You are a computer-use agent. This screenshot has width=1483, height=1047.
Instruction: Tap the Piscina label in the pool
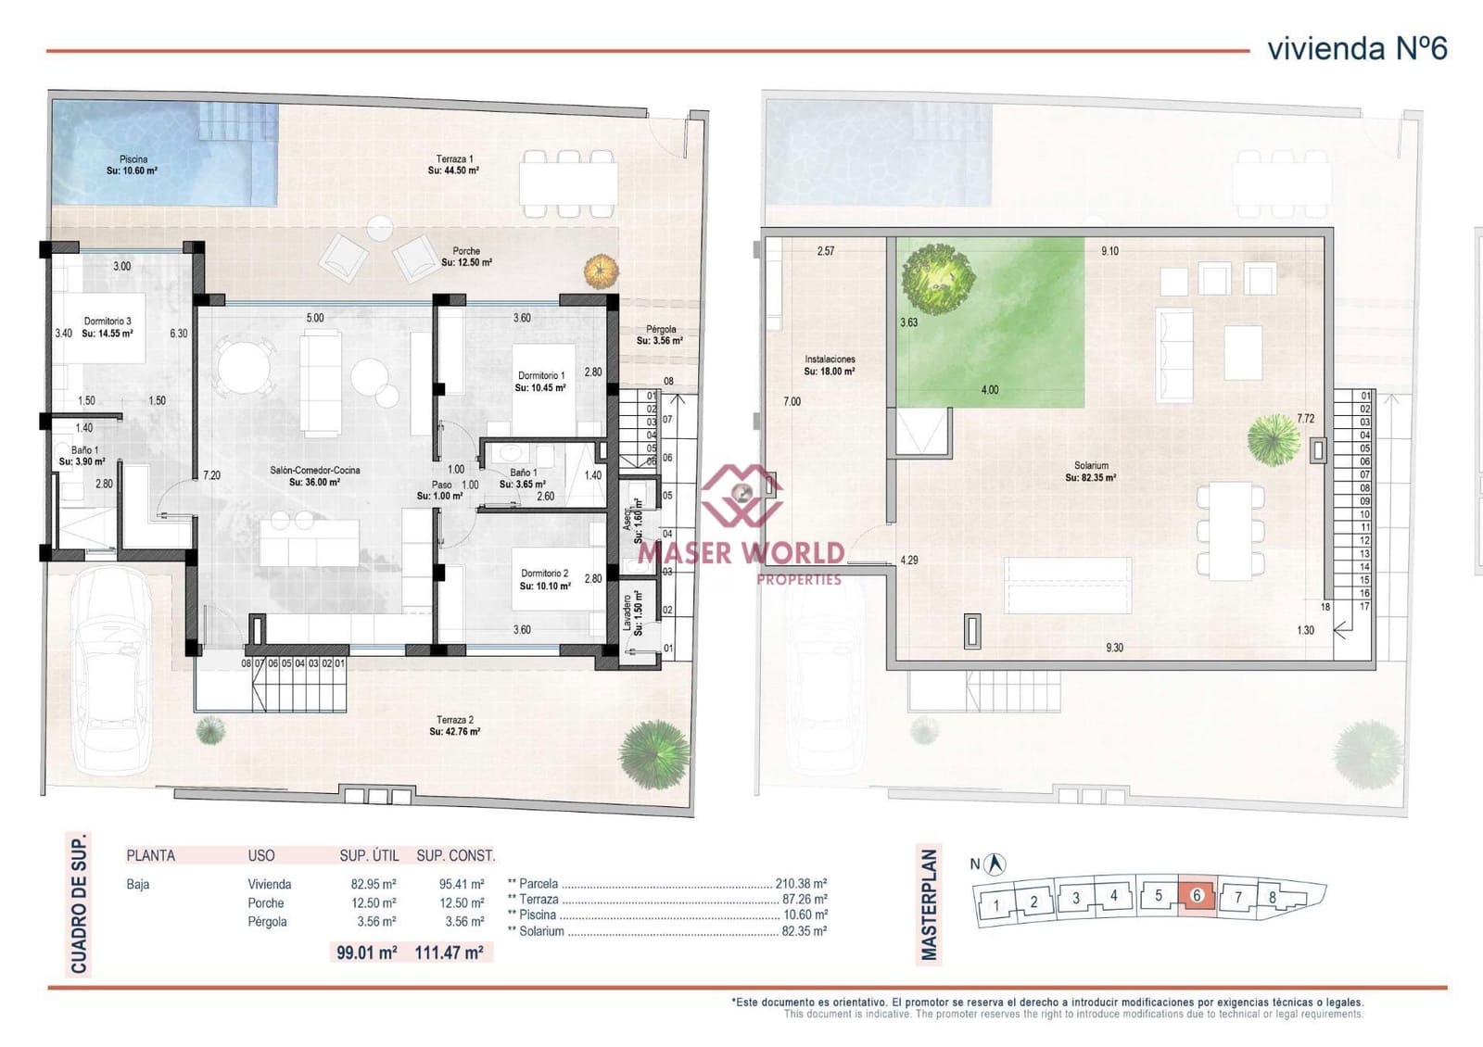(133, 165)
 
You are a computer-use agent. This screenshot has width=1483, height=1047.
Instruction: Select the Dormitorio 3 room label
(108, 327)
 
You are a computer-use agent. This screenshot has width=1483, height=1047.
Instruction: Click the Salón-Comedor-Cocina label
(315, 476)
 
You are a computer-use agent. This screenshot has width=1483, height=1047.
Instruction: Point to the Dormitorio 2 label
(545, 579)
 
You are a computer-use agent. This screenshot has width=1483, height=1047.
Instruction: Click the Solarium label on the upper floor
(1091, 472)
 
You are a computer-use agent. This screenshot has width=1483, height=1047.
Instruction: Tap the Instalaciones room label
(830, 365)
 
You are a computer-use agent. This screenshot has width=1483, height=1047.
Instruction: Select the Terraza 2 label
(455, 725)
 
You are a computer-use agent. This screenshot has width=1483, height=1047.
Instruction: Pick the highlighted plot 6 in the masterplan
(1197, 896)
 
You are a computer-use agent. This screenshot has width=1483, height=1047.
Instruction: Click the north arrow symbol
(996, 864)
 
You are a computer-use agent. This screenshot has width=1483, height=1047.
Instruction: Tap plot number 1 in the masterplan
(996, 905)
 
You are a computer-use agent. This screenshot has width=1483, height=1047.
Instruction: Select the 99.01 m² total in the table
(367, 952)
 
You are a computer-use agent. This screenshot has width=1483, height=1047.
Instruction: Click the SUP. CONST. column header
(455, 855)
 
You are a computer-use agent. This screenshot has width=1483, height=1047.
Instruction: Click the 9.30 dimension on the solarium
(1114, 648)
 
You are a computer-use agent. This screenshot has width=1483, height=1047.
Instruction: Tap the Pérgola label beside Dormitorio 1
(660, 334)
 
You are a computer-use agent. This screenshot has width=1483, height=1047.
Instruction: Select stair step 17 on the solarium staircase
(1364, 607)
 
